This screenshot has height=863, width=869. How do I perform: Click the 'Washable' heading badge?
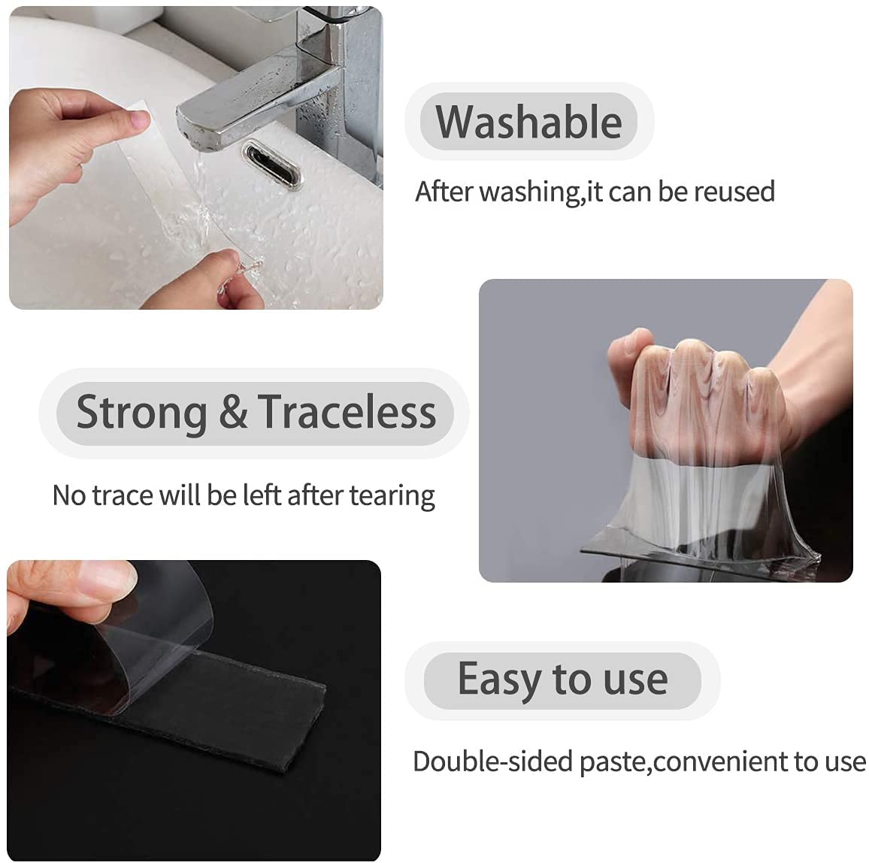pyautogui.click(x=529, y=122)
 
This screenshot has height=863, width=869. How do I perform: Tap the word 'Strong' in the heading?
pyautogui.click(x=141, y=413)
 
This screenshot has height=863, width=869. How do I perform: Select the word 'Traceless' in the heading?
pyautogui.click(x=347, y=413)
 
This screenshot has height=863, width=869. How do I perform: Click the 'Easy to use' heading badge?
pyautogui.click(x=562, y=680)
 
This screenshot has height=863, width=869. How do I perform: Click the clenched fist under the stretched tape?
pyautogui.click(x=692, y=398)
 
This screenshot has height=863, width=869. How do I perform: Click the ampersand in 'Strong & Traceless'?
pyautogui.click(x=233, y=413)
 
